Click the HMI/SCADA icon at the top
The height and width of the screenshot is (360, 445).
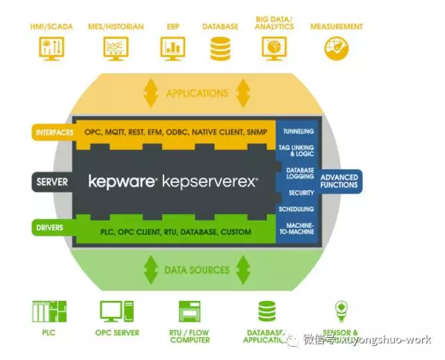[47, 48]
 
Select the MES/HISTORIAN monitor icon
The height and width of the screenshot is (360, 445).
[115, 48]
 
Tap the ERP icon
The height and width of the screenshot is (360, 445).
[172, 48]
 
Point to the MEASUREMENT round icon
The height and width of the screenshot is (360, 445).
[336, 48]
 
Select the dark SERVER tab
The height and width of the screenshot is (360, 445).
[52, 182]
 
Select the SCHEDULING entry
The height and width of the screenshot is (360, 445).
[297, 209]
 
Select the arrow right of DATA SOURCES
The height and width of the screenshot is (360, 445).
[243, 269]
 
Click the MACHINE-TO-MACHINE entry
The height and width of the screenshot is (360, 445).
[298, 229]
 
